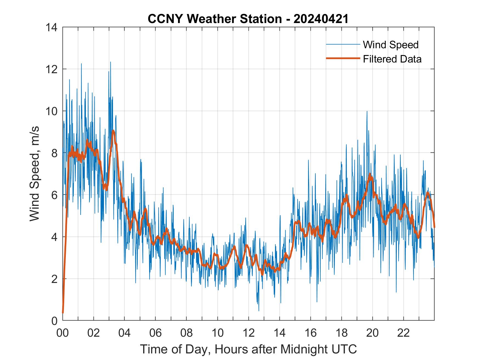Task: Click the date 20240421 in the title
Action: click(321, 19)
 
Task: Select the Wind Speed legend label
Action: click(391, 45)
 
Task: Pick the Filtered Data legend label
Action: click(392, 59)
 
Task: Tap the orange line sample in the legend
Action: click(343, 58)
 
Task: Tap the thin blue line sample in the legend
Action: click(343, 44)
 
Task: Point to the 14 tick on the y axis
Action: click(51, 27)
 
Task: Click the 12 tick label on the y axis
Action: click(51, 69)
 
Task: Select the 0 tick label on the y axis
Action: click(54, 321)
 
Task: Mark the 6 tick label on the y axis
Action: click(54, 195)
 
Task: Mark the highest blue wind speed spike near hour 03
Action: click(111, 62)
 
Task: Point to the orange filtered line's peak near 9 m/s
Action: click(113, 131)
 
